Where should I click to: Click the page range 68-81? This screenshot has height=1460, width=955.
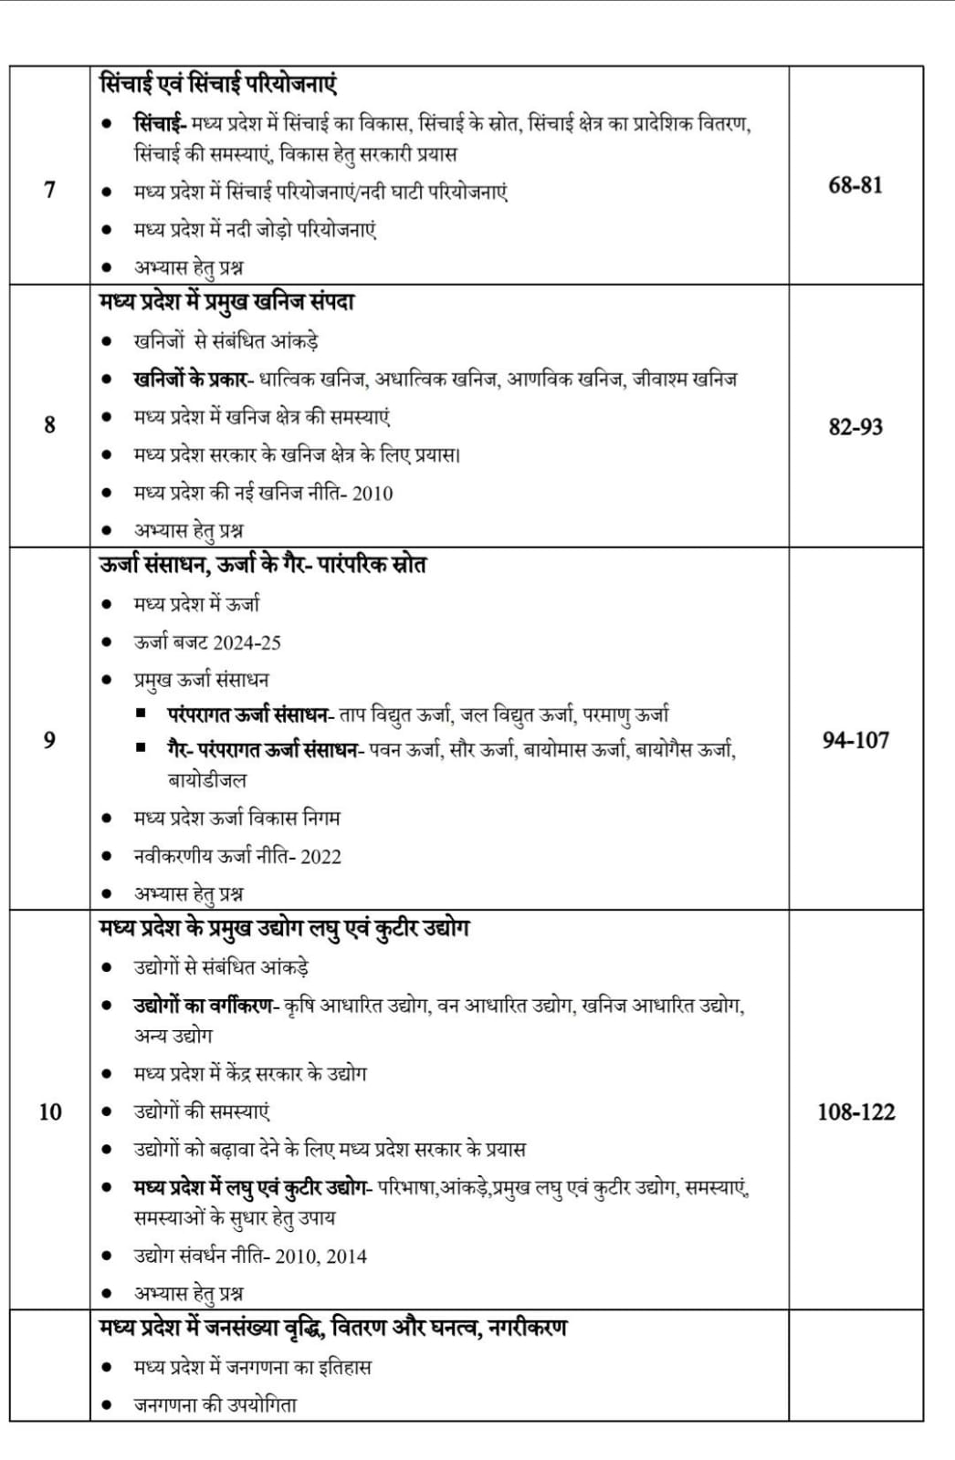pos(855,185)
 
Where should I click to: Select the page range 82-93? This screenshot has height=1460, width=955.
pos(855,426)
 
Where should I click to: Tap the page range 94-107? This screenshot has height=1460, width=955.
pos(855,740)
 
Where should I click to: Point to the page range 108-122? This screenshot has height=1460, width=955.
pos(855,1111)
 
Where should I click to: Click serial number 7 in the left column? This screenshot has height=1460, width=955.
pos(49,190)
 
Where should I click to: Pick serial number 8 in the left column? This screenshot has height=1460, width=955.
pos(49,424)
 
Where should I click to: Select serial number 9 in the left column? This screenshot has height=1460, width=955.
pos(49,739)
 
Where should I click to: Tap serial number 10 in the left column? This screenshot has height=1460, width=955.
pos(49,1111)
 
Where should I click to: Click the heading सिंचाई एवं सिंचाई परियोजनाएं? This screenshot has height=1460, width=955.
pos(218,84)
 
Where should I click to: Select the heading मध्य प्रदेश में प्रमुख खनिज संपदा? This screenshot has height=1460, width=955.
pos(226,302)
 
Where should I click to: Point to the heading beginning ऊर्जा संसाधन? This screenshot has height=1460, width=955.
pos(263,565)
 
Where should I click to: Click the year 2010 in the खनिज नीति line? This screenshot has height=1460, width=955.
pos(373,494)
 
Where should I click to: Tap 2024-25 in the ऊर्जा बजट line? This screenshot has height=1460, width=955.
pos(247,642)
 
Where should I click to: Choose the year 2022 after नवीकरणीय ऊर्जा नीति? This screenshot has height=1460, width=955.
pos(320,857)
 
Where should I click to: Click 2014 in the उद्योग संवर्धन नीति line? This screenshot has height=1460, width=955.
pos(347,1257)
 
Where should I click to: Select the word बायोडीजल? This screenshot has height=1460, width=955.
pos(207,780)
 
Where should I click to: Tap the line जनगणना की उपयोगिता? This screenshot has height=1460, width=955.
pos(215,1405)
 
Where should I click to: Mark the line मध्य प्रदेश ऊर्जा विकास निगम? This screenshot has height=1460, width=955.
pos(236,819)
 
